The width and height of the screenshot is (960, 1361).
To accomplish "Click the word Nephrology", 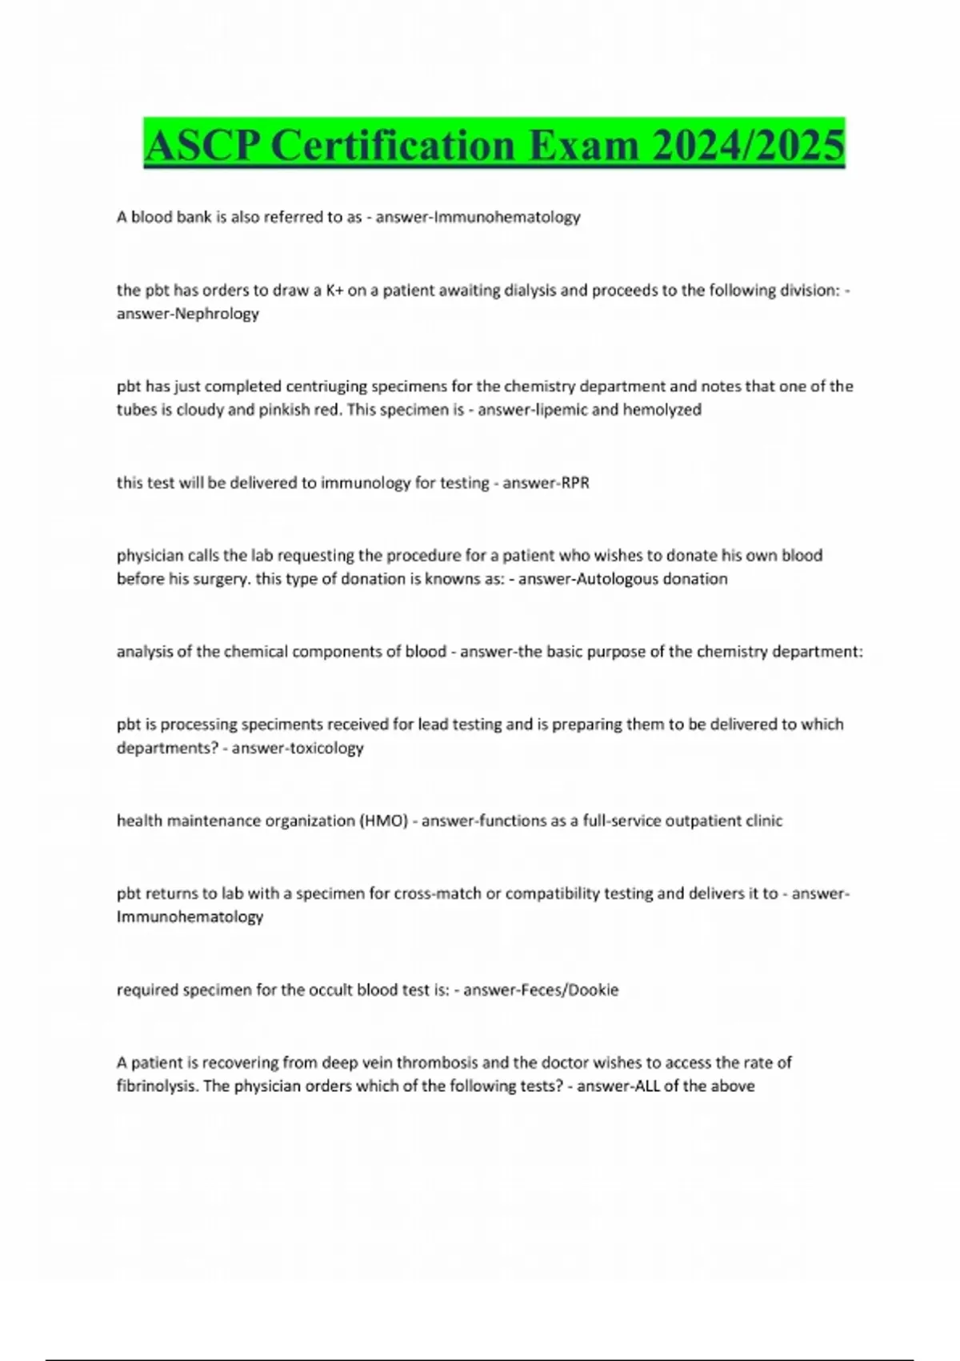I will (x=216, y=314).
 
